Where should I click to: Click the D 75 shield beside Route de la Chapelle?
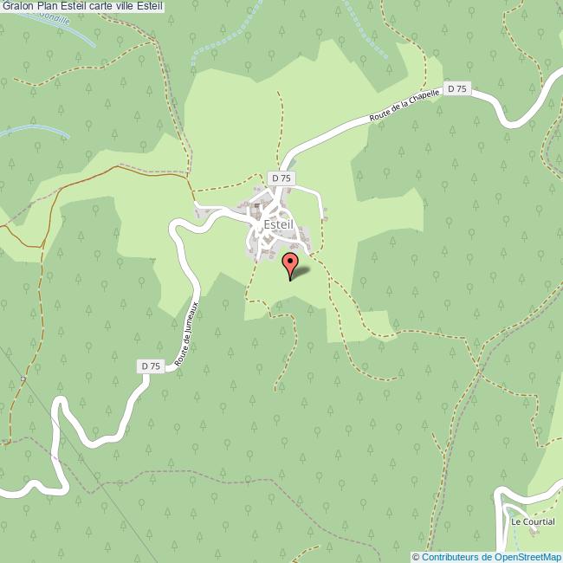(457, 89)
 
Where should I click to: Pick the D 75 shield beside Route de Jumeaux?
(151, 366)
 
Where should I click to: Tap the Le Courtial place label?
(532, 522)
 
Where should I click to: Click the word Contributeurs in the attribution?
(449, 557)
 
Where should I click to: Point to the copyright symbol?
(416, 557)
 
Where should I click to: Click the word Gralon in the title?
(17, 7)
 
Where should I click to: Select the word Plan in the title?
(49, 7)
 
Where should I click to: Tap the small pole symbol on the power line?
(24, 379)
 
